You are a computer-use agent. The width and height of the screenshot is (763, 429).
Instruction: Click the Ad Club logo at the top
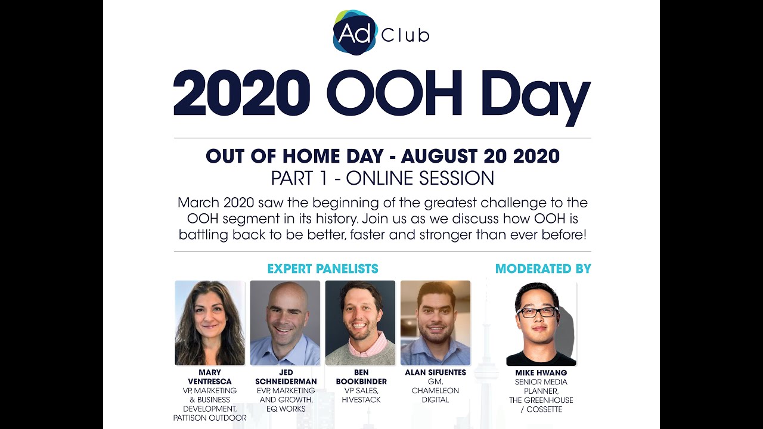tap(380, 33)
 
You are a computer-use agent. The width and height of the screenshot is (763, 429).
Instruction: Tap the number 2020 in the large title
tap(242, 93)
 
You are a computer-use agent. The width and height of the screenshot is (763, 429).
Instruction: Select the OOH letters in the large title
tap(394, 93)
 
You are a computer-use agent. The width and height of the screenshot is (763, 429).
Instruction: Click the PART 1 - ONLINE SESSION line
tap(382, 178)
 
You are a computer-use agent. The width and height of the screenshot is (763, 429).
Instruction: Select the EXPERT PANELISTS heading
tap(322, 269)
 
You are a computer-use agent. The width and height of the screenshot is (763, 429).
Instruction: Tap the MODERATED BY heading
tap(543, 269)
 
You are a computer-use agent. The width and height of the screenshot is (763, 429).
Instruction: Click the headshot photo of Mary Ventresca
tap(210, 322)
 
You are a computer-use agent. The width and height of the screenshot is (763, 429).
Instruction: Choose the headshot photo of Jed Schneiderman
tap(285, 322)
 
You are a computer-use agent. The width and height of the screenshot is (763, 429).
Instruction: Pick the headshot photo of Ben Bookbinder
tap(360, 322)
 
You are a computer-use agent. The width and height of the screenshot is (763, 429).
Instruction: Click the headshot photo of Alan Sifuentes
tap(435, 322)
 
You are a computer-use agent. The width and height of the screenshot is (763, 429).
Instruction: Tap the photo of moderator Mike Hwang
tap(541, 324)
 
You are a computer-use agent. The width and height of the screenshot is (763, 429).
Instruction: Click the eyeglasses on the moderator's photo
tap(537, 312)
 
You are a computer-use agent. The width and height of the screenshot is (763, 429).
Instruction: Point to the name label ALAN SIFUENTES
tap(435, 373)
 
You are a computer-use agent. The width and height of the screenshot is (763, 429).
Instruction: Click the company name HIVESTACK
tap(361, 400)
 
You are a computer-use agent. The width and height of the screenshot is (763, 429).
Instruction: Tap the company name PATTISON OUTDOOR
tap(210, 418)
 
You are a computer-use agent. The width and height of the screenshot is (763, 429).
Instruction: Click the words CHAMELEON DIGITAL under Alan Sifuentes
tap(435, 396)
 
